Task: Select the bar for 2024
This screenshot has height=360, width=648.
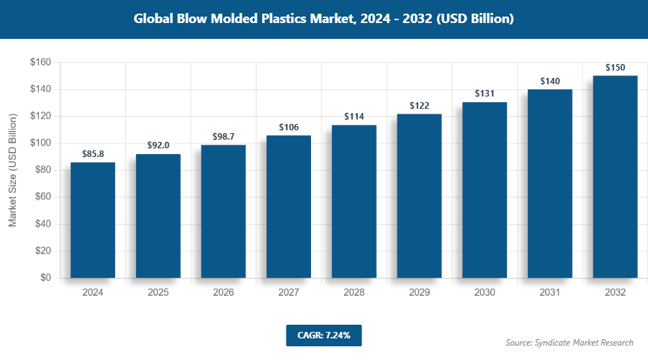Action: [93, 220]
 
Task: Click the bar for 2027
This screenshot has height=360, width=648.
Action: [289, 207]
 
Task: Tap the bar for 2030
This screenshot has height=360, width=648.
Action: [485, 190]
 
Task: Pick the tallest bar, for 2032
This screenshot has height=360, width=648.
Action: [615, 177]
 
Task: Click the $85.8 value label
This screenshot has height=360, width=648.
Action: [93, 154]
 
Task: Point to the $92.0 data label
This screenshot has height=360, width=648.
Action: [158, 145]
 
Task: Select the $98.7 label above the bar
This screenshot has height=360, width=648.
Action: [223, 137]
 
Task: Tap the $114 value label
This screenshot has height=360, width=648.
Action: [354, 117]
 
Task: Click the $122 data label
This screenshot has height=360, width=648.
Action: [419, 106]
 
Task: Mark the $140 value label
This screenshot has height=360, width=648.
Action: [549, 81]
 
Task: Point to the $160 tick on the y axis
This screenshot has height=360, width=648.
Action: [40, 63]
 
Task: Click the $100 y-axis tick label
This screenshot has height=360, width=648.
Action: [40, 143]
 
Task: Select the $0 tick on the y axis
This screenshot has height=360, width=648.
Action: [45, 278]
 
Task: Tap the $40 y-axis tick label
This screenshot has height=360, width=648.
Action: [42, 224]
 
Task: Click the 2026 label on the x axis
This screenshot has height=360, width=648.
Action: [223, 293]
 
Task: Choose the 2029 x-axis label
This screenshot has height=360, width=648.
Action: [419, 293]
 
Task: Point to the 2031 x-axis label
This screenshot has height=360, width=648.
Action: [549, 293]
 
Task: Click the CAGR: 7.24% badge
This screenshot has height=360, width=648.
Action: [323, 335]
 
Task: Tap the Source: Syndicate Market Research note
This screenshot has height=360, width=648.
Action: [570, 342]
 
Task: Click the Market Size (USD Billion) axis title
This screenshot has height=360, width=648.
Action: [12, 171]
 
